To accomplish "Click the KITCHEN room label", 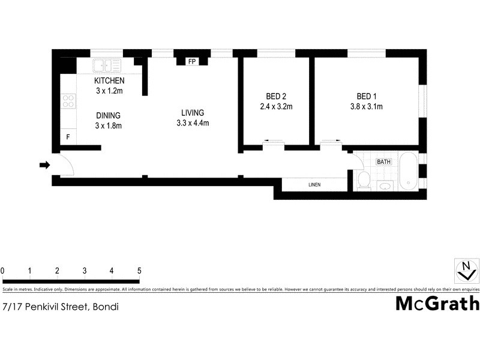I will (109, 81).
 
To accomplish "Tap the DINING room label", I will (109, 116).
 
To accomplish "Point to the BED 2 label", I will (276, 97).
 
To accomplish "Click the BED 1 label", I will (366, 97).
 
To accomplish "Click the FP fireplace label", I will (192, 62).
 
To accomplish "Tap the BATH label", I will (383, 162).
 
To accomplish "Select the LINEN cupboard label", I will (315, 185).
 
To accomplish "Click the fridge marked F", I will (68, 137).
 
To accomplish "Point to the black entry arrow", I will (44, 165).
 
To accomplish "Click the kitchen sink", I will (106, 65).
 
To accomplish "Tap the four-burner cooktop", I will (68, 101).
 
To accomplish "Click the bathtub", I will (409, 170).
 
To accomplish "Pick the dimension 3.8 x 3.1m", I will (366, 107).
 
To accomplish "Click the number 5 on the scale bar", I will (139, 271).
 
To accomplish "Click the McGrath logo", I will (437, 303).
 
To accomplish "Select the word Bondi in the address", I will (105, 307).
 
